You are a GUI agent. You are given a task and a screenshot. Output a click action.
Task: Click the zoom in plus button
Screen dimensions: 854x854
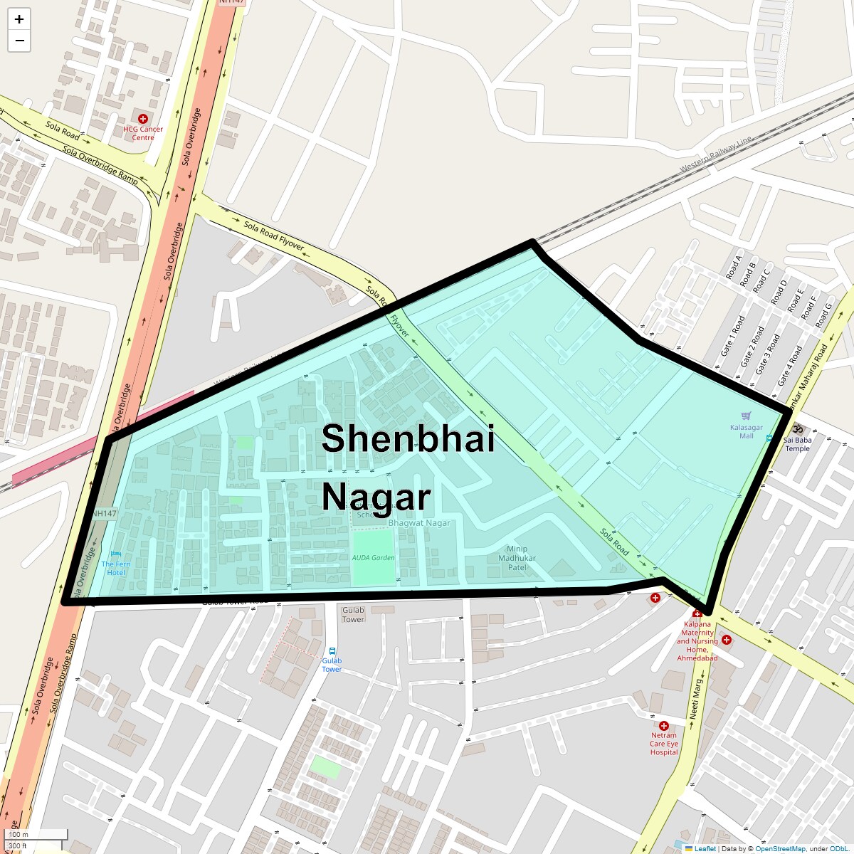(19, 19)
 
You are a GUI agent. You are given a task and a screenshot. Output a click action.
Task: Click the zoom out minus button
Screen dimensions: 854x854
(19, 41)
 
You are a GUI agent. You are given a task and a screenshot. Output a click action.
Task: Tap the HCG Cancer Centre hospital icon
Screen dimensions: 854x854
(143, 119)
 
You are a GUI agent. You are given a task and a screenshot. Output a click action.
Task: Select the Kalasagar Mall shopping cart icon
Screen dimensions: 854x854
(746, 416)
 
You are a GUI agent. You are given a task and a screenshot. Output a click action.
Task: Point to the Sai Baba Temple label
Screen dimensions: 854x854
(797, 444)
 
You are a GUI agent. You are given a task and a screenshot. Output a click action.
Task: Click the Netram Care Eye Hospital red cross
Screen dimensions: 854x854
(663, 726)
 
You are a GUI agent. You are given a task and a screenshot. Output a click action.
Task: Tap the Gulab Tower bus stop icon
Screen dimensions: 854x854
(332, 650)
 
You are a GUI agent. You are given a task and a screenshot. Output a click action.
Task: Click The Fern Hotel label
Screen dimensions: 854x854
(116, 568)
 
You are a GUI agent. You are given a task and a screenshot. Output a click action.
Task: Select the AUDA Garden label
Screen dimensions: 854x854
(373, 558)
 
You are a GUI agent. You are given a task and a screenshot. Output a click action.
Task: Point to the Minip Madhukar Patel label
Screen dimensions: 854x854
(517, 558)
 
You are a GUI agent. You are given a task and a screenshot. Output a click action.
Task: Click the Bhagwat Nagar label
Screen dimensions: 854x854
(419, 523)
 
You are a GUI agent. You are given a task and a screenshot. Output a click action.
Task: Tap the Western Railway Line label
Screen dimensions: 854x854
(715, 153)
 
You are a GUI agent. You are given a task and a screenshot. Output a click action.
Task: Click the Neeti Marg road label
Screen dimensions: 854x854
(695, 697)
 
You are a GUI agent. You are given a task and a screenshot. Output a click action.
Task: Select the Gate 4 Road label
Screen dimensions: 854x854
(791, 366)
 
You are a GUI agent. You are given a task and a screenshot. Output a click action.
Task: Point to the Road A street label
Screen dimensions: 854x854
(733, 266)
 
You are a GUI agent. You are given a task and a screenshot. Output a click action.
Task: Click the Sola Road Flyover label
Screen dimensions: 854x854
(274, 236)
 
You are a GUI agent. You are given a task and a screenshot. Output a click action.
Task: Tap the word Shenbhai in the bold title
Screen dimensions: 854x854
(408, 438)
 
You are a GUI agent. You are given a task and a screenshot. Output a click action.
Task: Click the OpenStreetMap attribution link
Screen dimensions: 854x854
(780, 848)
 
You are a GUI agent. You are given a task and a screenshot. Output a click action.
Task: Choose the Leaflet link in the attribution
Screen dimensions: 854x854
(705, 848)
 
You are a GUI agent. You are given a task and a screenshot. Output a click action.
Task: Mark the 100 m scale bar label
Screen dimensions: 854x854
(19, 835)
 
